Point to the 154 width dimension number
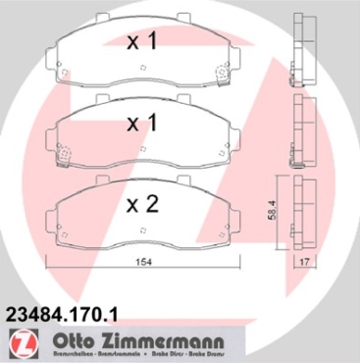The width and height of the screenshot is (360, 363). coord(145,261)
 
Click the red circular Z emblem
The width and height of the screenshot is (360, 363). coord(20,343)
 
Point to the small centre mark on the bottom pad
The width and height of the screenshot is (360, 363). coord(144,234)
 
